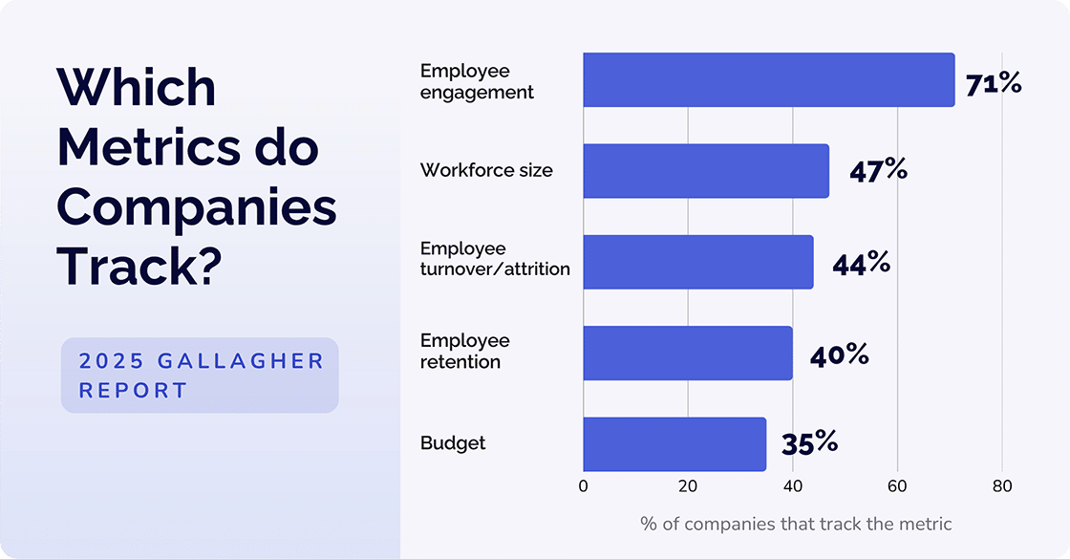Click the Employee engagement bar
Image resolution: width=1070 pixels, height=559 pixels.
click(x=768, y=79)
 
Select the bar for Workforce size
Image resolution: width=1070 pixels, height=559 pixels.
click(x=705, y=171)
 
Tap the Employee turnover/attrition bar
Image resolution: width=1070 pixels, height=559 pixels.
click(x=697, y=262)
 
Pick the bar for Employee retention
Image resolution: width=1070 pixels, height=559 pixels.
click(x=687, y=353)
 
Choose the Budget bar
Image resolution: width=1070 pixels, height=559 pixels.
click(x=674, y=443)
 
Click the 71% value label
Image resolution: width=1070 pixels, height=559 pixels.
click(x=993, y=84)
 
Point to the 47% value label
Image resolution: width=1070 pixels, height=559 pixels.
click(x=877, y=170)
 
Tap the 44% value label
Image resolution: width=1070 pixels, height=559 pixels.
click(x=861, y=263)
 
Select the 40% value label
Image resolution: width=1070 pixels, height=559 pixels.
click(x=839, y=355)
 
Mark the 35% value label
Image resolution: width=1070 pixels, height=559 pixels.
click(x=809, y=443)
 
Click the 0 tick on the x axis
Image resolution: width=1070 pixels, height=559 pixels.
click(x=583, y=485)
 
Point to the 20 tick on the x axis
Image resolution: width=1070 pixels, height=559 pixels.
click(x=688, y=485)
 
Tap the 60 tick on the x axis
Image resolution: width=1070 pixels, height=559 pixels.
click(x=897, y=485)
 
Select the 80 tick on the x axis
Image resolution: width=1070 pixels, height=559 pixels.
click(x=1001, y=485)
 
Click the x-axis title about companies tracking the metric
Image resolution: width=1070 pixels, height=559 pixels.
click(x=796, y=524)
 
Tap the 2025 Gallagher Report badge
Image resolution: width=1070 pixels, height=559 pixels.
click(x=200, y=376)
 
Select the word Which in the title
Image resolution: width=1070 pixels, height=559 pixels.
click(x=137, y=88)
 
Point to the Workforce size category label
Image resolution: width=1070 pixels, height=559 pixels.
click(x=486, y=171)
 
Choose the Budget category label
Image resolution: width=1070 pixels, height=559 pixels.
click(x=453, y=443)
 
